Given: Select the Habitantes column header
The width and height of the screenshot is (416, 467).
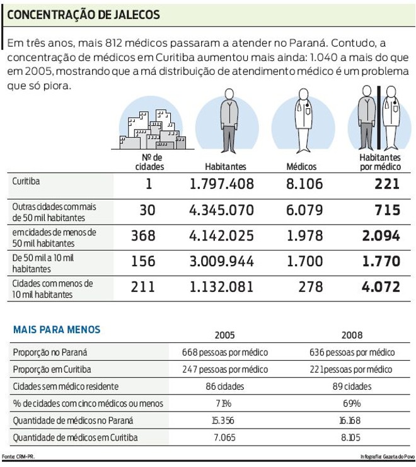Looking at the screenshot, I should (x=225, y=167).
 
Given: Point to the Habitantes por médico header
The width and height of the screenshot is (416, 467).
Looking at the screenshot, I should (x=380, y=162).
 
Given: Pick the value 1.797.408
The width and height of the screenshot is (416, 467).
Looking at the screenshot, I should (x=222, y=184).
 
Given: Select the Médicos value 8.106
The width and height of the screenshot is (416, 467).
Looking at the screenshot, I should (x=304, y=184).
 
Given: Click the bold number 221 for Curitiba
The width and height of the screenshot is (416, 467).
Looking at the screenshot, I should (x=386, y=184).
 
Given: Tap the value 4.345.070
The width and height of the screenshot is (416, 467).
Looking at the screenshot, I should (x=222, y=210).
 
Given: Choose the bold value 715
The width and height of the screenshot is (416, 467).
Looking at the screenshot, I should (x=386, y=210).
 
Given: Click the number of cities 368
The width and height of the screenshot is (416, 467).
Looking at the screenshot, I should (x=143, y=236).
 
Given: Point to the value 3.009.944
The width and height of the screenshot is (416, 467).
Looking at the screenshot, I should (x=222, y=262).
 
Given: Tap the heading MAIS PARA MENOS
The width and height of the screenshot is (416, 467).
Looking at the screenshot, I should (x=56, y=329).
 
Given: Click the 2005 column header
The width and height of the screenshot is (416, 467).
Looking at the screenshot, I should (x=225, y=335).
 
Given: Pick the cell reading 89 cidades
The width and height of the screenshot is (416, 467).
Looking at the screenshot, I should (x=351, y=386).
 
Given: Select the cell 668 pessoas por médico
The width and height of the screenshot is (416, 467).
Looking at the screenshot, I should (x=225, y=352).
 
